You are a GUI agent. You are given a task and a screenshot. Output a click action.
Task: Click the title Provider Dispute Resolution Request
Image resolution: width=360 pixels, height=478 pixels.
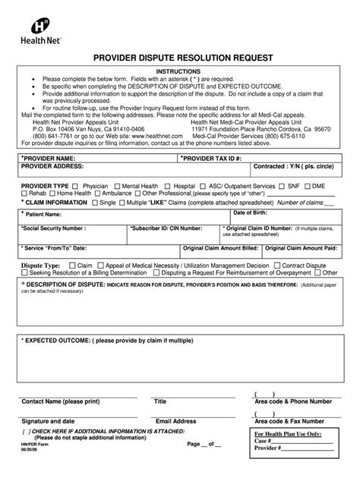point(179,58)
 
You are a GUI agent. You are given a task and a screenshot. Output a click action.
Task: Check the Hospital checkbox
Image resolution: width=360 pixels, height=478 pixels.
point(168,185)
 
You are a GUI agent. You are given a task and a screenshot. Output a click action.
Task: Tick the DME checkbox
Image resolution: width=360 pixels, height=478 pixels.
point(308,185)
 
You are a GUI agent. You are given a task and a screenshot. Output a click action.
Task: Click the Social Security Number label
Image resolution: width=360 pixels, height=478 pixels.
point(53,228)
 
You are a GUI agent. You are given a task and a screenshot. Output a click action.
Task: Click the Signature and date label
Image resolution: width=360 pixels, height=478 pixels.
point(48,420)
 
